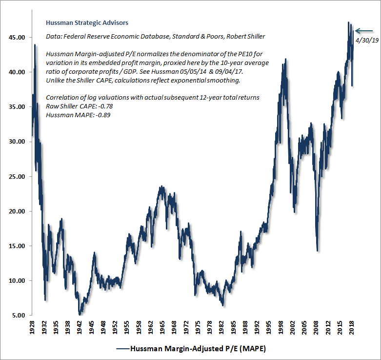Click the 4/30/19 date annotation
(x=367, y=41)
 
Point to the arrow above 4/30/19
(x=363, y=31)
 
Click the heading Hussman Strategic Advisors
(x=80, y=22)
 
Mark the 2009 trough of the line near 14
(x=318, y=251)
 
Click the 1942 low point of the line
(x=80, y=314)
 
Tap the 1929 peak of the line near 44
(x=35, y=45)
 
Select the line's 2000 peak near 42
(x=285, y=59)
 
